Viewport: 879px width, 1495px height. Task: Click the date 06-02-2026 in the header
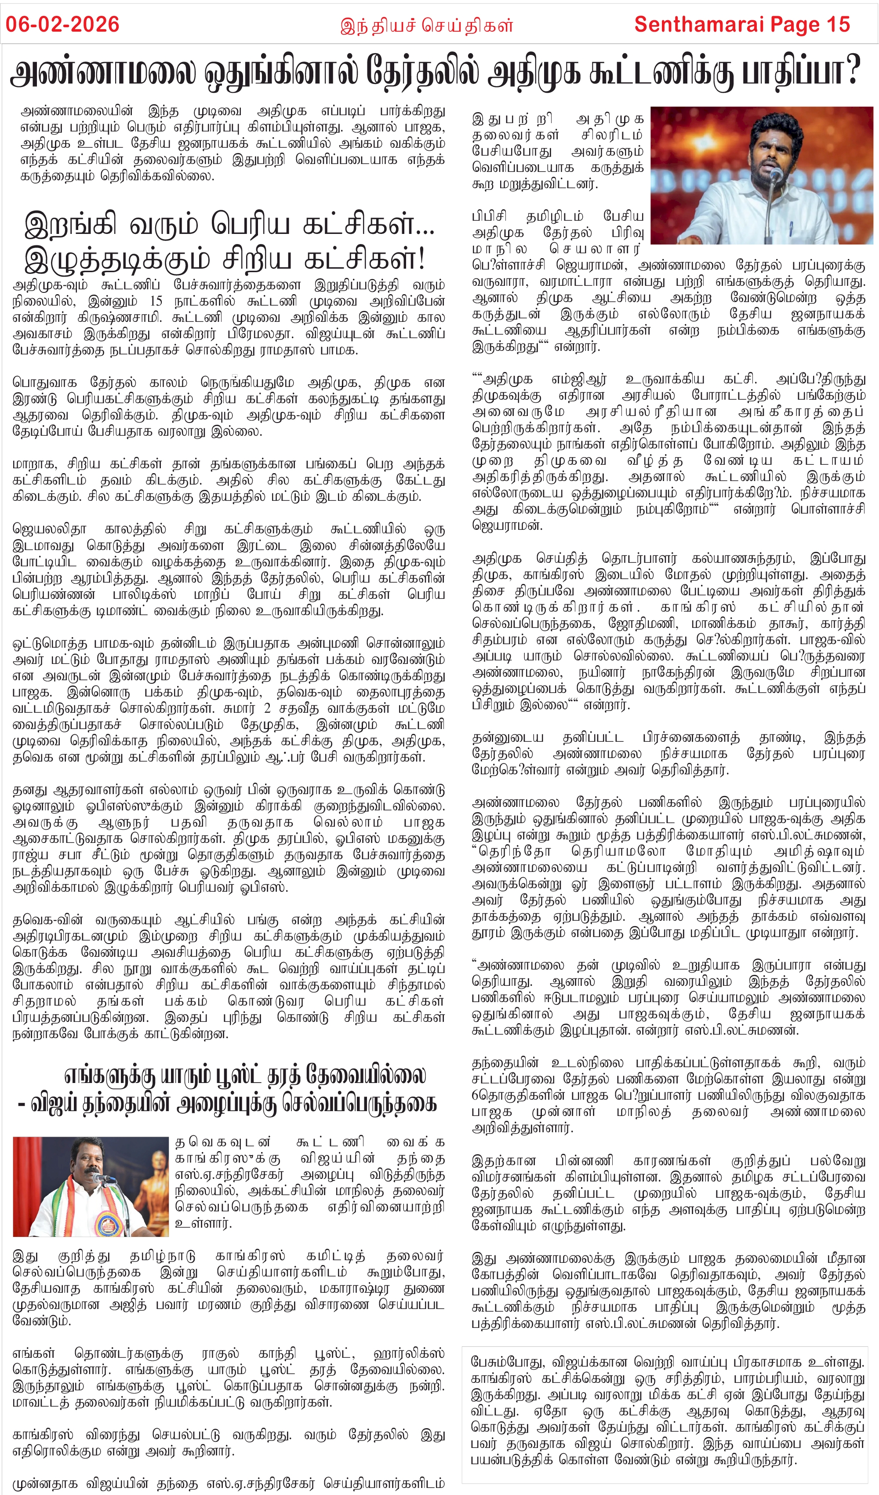62,24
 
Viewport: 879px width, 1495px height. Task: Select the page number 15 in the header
837,24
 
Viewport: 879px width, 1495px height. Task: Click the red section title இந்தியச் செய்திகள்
426,26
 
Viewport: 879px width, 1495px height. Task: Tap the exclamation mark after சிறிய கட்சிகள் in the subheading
421,258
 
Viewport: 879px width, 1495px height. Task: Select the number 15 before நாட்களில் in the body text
156,301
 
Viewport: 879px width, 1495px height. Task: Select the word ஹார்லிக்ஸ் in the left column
409,1353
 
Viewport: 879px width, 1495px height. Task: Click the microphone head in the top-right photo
775,174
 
